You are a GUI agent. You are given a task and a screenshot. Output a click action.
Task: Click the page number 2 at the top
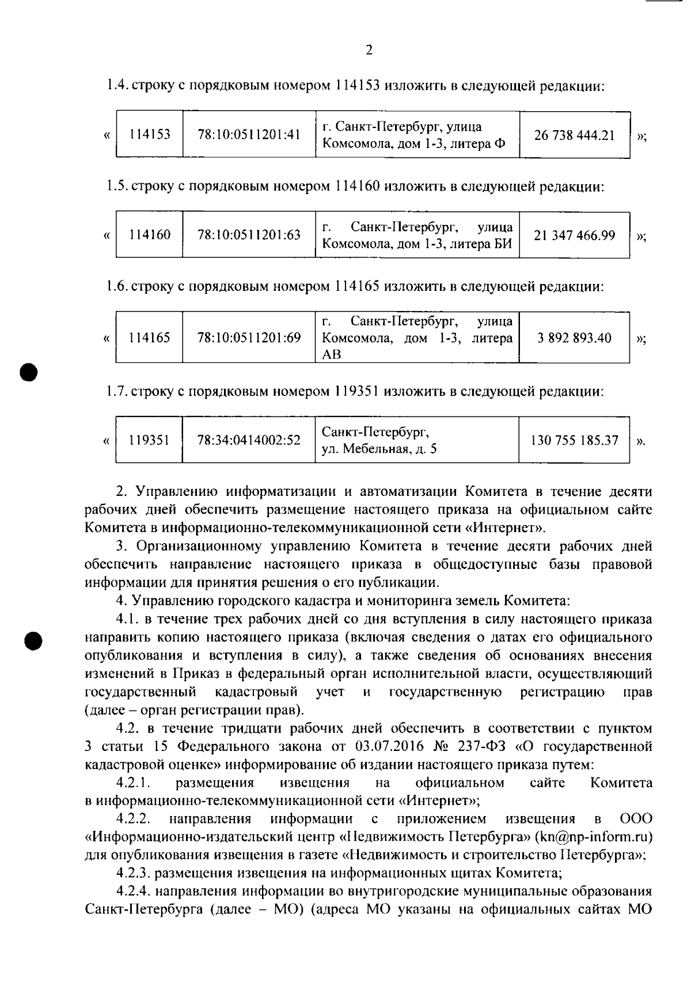click(x=369, y=50)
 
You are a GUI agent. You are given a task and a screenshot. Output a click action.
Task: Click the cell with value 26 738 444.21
click(x=574, y=135)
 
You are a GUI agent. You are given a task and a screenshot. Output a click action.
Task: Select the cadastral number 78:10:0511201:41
click(x=249, y=135)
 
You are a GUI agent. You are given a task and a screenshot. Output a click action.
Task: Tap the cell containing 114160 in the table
click(x=150, y=235)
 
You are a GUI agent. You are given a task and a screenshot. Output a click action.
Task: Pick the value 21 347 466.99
click(x=574, y=235)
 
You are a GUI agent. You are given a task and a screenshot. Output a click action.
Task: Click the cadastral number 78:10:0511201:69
click(x=249, y=337)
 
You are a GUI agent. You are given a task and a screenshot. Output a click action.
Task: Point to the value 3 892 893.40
click(x=574, y=337)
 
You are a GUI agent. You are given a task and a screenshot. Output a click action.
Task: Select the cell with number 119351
click(x=149, y=441)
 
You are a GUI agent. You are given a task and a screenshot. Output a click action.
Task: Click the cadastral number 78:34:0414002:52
click(x=249, y=441)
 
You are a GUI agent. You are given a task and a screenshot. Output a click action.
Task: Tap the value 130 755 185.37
click(x=574, y=441)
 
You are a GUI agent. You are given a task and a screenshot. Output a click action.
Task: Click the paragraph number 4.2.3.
click(x=134, y=872)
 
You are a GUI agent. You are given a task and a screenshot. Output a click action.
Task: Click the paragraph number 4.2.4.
click(x=134, y=891)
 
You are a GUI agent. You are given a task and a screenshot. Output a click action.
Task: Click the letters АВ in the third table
click(x=332, y=354)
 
